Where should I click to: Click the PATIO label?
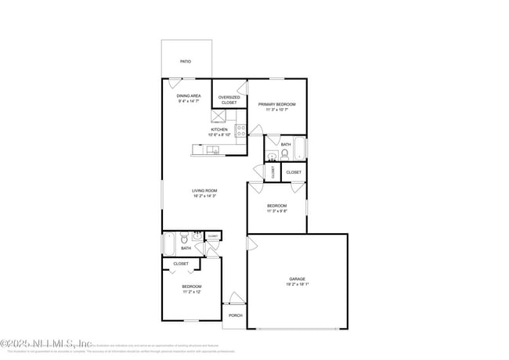coord(186,61)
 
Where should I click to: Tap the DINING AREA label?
coord(189,95)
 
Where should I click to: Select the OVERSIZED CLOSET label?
coord(229,99)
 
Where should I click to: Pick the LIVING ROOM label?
coord(204,190)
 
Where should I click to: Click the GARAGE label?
coord(297,279)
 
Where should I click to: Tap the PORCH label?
coord(235,315)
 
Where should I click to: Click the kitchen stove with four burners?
coord(240,130)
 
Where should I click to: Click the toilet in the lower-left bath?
coord(185,238)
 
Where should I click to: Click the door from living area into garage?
coord(251,244)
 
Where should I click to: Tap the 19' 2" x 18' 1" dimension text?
coord(297,286)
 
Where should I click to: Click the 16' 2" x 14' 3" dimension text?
coord(204,196)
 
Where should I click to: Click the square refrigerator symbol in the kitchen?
coord(220,117)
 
